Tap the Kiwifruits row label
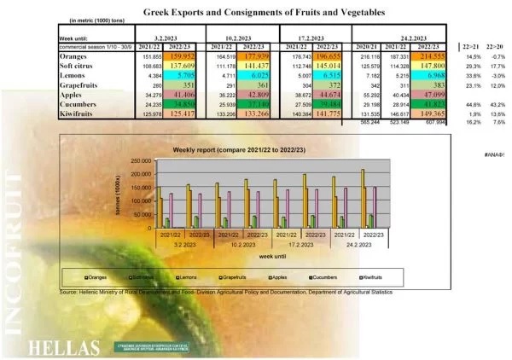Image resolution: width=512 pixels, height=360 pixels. point(78,112)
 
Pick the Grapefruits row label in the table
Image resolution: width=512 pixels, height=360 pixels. point(79,84)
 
